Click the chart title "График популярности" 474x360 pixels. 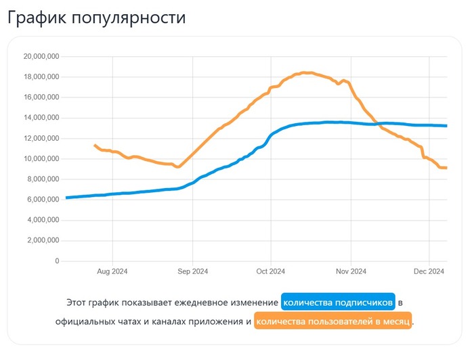click(x=96, y=18)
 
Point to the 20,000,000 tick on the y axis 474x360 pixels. click(x=41, y=56)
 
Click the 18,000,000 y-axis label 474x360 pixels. click(x=41, y=77)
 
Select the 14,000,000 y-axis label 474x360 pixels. click(x=41, y=118)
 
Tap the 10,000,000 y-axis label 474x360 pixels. click(x=41, y=159)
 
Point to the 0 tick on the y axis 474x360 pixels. click(x=56, y=261)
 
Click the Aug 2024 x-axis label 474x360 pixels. click(x=112, y=271)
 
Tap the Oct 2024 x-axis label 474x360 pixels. click(x=270, y=271)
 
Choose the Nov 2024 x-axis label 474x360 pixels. click(x=351, y=271)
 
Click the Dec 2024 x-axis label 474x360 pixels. click(x=429, y=271)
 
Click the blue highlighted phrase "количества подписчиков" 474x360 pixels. click(x=338, y=302)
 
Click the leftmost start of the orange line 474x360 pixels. click(x=95, y=145)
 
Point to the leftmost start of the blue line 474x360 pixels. click(x=66, y=198)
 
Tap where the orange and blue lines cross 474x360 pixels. click(x=377, y=123)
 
